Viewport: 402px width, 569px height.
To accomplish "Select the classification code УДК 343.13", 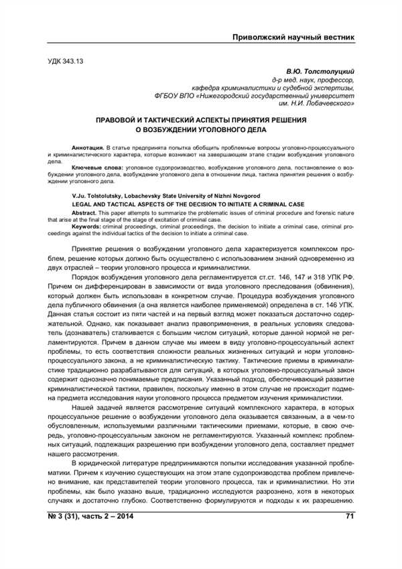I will tap(65, 61).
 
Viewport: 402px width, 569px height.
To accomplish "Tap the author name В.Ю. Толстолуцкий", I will tap(320, 70).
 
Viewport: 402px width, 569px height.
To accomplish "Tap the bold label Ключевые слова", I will tap(94, 166).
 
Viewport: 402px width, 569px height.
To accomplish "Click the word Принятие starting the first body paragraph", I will tap(89, 249).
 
